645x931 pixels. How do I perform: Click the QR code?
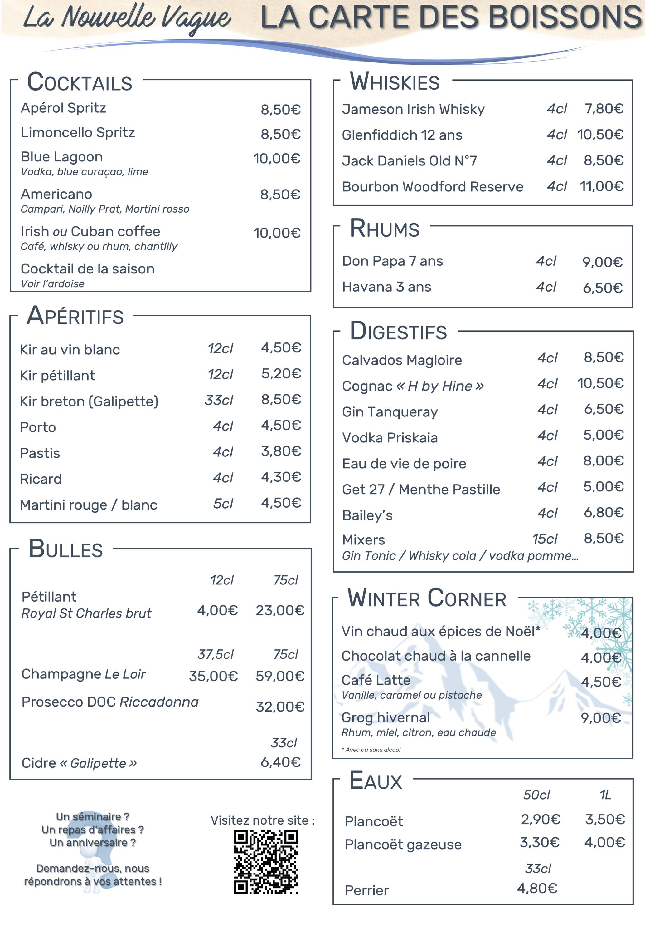point(266,861)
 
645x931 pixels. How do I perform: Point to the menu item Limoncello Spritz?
point(78,133)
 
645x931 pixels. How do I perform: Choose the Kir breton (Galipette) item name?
point(89,401)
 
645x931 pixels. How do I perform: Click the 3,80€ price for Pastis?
point(281,451)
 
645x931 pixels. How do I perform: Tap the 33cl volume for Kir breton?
point(219,400)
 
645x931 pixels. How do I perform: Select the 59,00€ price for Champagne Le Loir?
point(280,676)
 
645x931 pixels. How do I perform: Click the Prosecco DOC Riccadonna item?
point(110,702)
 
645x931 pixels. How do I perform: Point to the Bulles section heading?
point(66,549)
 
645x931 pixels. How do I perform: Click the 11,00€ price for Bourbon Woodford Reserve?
point(601,186)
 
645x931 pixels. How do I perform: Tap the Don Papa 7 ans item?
point(392,261)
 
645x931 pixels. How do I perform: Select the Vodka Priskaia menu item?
point(390,438)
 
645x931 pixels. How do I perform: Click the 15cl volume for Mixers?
point(544,539)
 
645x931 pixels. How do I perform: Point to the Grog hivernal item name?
point(386,717)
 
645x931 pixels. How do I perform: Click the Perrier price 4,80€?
point(537,888)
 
